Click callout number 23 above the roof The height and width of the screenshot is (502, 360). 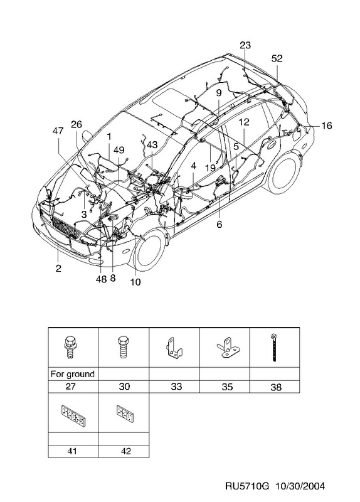pyautogui.click(x=245, y=45)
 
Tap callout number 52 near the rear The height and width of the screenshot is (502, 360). pyautogui.click(x=277, y=58)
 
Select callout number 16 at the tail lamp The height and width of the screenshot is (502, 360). pyautogui.click(x=326, y=125)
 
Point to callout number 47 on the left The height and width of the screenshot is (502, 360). pyautogui.click(x=58, y=131)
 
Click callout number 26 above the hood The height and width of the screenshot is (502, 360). pyautogui.click(x=77, y=124)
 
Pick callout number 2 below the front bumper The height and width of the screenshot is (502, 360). pyautogui.click(x=58, y=268)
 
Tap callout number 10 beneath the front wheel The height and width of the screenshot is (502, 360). pyautogui.click(x=135, y=282)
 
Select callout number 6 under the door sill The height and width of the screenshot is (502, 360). pyautogui.click(x=220, y=225)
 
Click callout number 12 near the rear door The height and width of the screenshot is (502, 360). pyautogui.click(x=244, y=122)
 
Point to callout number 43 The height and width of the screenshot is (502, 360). pyautogui.click(x=152, y=145)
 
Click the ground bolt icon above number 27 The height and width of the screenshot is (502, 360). pyautogui.click(x=70, y=347)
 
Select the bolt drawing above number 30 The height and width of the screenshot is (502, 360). pyautogui.click(x=123, y=347)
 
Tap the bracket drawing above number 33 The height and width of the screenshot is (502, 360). pyautogui.click(x=174, y=347)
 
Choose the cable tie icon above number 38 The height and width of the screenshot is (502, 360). pyautogui.click(x=274, y=348)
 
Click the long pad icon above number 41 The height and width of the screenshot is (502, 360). pyautogui.click(x=73, y=416)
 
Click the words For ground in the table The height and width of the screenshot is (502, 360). pyautogui.click(x=73, y=374)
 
